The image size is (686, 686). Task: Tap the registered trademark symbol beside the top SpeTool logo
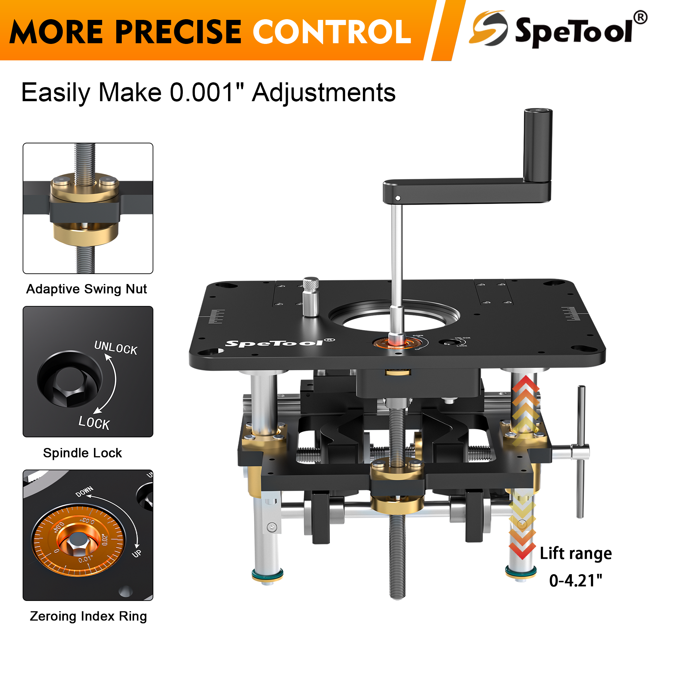tap(640, 17)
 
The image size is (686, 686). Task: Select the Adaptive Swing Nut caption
tap(87, 289)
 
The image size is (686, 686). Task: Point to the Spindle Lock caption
tap(82, 453)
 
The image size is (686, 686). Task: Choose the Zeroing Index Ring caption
tap(88, 616)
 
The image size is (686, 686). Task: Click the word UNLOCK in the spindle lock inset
tap(116, 347)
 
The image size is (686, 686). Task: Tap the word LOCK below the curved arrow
tap(94, 423)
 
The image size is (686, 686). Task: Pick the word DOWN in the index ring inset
tap(84, 492)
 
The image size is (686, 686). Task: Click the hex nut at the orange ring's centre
tap(78, 543)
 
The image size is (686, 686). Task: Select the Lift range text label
tap(576, 554)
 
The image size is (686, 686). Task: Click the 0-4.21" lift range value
tap(576, 581)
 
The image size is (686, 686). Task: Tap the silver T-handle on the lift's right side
tap(580, 452)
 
